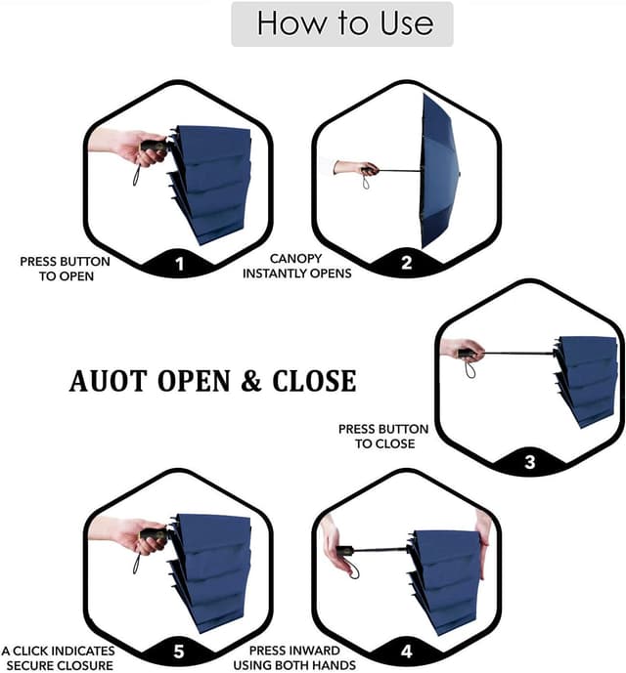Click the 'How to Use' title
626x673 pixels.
(x=343, y=23)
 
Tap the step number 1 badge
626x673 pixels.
(x=178, y=264)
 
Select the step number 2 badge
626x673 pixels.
(x=406, y=264)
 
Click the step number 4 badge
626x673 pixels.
(x=406, y=652)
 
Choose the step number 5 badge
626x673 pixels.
(x=178, y=652)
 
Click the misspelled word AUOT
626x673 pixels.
(x=108, y=381)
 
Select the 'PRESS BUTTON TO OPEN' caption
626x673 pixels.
(x=65, y=269)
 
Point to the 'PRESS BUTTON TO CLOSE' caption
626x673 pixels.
(x=383, y=436)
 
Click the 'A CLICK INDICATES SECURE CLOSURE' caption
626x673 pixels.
(x=58, y=657)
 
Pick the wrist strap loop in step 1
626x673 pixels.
(x=135, y=176)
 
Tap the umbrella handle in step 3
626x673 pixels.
(x=468, y=354)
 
